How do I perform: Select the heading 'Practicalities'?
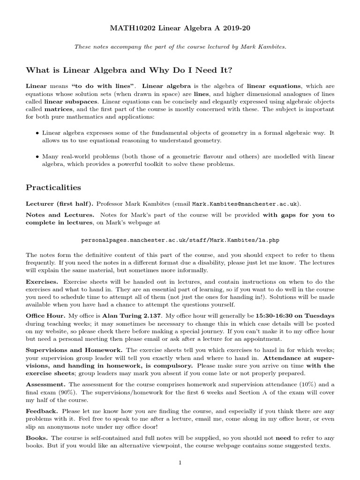(x=53, y=187)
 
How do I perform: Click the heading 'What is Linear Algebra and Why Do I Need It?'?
(x=129, y=70)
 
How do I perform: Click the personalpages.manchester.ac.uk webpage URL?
(x=180, y=240)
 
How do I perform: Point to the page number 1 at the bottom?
(x=180, y=463)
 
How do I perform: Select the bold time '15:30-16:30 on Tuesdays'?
(x=294, y=315)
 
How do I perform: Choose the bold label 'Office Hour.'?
(x=45, y=315)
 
